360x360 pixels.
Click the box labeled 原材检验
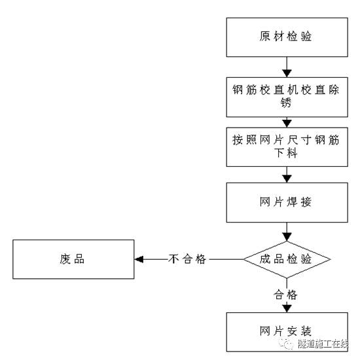285,36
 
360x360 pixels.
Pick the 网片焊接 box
285,202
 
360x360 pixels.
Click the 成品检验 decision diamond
286,259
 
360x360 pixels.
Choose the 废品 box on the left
72,259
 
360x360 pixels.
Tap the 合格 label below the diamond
285,295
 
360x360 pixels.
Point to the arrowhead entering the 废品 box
138,259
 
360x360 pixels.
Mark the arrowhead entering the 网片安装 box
285,308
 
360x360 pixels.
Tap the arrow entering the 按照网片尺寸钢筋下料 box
285,122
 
